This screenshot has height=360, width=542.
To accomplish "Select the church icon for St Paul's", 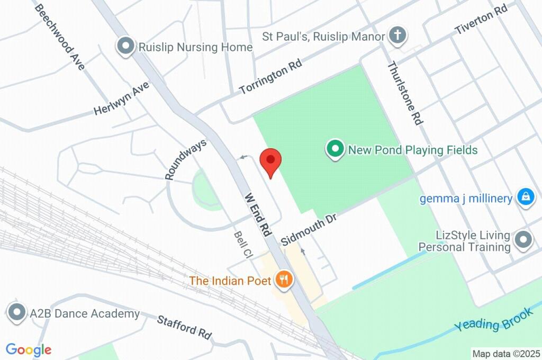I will click(398, 36).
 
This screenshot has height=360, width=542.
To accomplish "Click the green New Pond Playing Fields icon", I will click(335, 149).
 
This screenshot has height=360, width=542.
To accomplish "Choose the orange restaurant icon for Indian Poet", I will click(284, 280).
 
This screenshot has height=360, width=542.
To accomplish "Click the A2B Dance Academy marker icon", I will click(17, 313).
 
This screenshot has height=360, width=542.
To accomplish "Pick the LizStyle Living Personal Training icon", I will click(523, 240).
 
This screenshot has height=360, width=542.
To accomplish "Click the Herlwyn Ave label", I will click(121, 99).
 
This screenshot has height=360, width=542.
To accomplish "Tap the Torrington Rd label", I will click(270, 77).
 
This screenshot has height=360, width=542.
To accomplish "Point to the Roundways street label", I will click(185, 159).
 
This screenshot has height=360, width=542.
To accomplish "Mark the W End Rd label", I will click(258, 214).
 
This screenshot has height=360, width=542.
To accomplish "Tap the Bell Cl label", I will click(242, 245).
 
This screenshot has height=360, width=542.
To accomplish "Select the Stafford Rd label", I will click(184, 327).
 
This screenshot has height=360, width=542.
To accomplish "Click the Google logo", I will click(29, 349).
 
